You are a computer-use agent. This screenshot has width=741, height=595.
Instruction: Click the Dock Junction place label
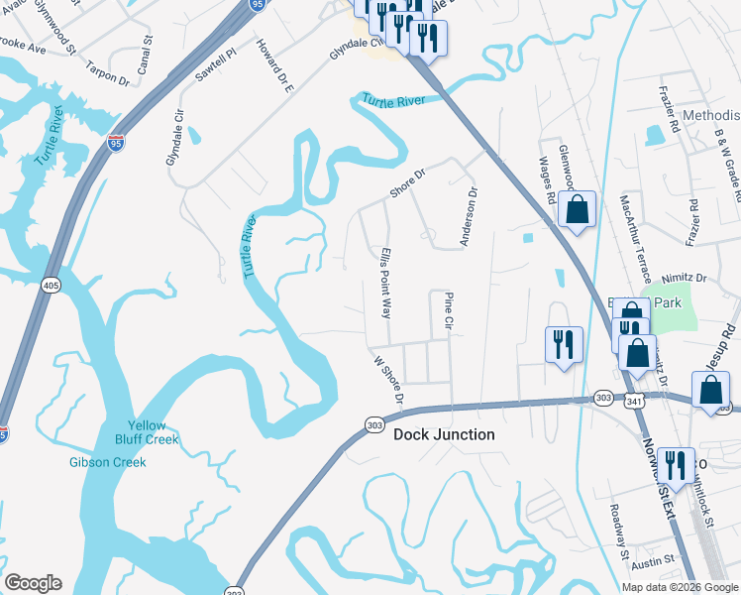(444, 435)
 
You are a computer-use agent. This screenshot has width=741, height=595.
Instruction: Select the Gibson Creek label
(108, 462)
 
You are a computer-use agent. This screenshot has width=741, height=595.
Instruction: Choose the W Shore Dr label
(387, 380)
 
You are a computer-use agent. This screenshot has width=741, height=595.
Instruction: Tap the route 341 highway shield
(634, 399)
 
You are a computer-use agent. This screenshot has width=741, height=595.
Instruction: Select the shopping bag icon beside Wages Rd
(577, 210)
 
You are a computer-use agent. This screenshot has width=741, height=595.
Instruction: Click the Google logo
(33, 583)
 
